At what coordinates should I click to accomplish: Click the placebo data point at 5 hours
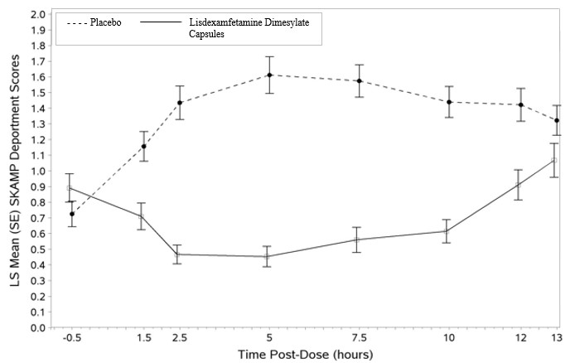269,75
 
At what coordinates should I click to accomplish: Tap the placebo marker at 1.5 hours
143,147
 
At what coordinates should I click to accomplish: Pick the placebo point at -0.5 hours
72,214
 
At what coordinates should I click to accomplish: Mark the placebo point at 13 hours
557,120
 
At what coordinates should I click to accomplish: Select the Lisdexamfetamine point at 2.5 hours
177,254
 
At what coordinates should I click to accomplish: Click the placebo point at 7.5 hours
359,81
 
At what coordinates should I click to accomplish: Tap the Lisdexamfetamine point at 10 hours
448,231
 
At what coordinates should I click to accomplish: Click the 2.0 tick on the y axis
38,15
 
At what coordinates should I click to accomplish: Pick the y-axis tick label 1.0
38,172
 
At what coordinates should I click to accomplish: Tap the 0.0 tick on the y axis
38,328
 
